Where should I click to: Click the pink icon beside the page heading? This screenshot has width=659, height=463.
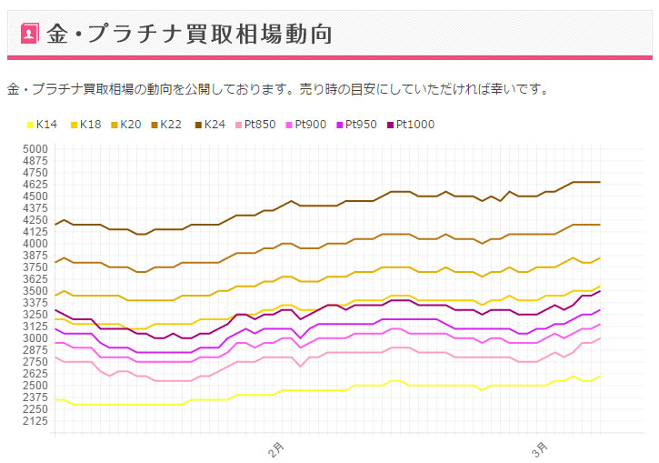[28, 34]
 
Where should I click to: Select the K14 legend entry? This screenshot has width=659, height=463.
[42, 125]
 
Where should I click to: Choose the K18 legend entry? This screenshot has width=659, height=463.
[87, 125]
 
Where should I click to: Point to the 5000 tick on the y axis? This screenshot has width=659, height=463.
[35, 148]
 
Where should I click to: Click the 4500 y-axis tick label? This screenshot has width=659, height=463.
[35, 196]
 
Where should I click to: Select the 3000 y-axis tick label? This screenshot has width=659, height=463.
[35, 337]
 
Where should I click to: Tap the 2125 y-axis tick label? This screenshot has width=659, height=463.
[35, 420]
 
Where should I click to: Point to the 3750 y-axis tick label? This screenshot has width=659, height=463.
[35, 267]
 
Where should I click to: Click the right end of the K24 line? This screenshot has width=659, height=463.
[599, 182]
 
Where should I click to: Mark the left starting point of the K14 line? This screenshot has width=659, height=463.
[55, 399]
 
